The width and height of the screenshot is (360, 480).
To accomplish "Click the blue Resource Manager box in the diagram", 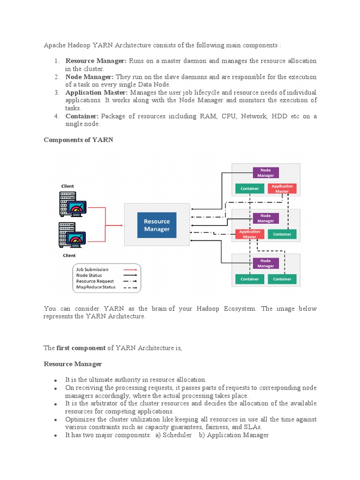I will [157, 225].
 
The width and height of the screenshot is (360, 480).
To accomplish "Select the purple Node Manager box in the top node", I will [265, 173].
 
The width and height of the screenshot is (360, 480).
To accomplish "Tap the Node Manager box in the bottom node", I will [265, 263].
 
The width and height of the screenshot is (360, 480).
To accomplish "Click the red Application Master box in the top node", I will [282, 188].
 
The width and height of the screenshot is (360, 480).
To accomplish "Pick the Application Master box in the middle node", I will [249, 234].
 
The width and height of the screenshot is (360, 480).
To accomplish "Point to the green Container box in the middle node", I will [282, 234].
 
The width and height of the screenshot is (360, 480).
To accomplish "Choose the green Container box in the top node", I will [249, 188].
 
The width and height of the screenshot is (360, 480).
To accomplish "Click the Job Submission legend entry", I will [92, 270].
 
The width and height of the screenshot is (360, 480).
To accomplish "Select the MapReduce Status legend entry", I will [96, 287].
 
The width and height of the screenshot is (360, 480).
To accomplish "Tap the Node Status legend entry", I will [89, 275].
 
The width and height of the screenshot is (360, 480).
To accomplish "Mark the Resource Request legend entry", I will [95, 281].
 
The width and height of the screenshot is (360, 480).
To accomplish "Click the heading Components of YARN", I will [78, 140].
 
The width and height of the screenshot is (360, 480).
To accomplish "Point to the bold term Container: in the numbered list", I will [82, 116].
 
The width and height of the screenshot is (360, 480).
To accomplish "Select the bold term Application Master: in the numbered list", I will [96, 92].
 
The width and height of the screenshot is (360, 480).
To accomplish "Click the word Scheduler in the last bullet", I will [177, 435].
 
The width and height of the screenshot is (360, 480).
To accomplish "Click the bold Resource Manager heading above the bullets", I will [73, 364].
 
